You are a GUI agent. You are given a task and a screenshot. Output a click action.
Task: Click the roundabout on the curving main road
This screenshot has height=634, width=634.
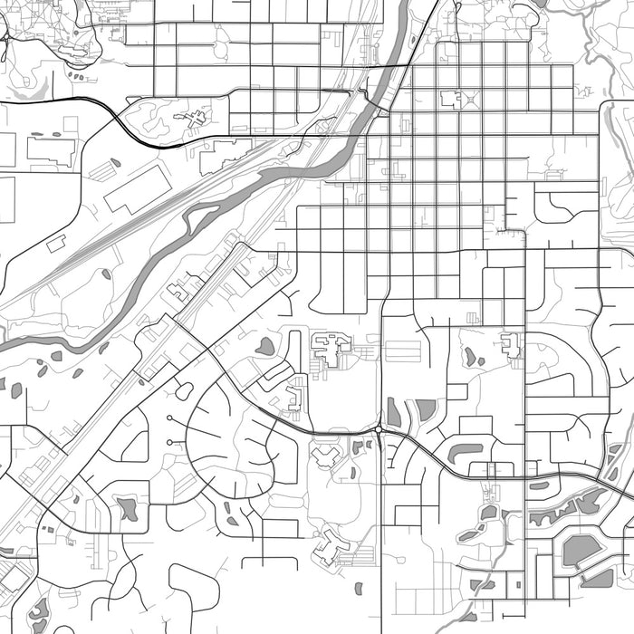tap(379, 429)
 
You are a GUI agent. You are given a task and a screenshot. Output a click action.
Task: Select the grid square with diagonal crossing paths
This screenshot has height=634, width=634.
tap(470, 99)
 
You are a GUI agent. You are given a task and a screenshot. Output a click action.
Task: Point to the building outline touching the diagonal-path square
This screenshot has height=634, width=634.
tap(450, 99)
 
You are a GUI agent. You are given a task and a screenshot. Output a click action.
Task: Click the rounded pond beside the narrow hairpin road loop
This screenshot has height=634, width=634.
tap(265, 345)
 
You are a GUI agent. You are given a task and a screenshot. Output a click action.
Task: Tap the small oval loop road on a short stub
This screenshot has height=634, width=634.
tap(184, 391)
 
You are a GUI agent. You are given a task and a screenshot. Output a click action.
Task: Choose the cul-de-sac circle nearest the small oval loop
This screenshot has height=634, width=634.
tap(169, 418)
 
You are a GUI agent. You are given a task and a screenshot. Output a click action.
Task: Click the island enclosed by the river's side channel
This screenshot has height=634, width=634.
tap(201, 218)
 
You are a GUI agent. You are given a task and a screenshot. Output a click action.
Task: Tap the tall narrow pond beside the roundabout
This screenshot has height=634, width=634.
tap(394, 412)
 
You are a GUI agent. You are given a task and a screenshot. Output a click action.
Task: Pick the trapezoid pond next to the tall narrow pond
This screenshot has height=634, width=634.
tap(426, 410)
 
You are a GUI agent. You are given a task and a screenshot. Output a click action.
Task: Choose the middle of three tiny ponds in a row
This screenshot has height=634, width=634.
tap(56, 356)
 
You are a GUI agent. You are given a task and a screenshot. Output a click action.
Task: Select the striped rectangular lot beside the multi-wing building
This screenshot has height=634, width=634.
tap(403, 351)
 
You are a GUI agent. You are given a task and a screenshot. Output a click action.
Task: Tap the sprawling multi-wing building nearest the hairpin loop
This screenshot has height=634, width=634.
tap(330, 348)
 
